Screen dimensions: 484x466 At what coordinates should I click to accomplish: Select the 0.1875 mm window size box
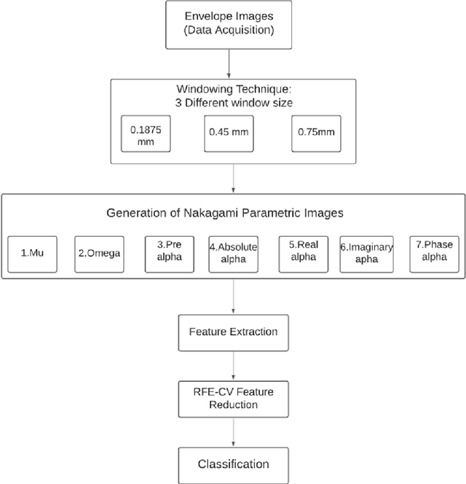(x=146, y=133)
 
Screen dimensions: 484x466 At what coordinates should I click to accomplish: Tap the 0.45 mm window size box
(x=229, y=133)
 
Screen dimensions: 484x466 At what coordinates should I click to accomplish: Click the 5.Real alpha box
(x=301, y=252)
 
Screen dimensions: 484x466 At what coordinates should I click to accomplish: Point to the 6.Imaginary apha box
(x=367, y=252)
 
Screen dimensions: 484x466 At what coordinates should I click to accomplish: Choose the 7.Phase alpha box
(x=433, y=252)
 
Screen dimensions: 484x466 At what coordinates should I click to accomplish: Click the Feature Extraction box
(x=232, y=331)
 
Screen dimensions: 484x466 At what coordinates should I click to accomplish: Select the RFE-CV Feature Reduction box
(x=232, y=398)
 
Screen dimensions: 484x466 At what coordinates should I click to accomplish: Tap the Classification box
(x=232, y=464)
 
